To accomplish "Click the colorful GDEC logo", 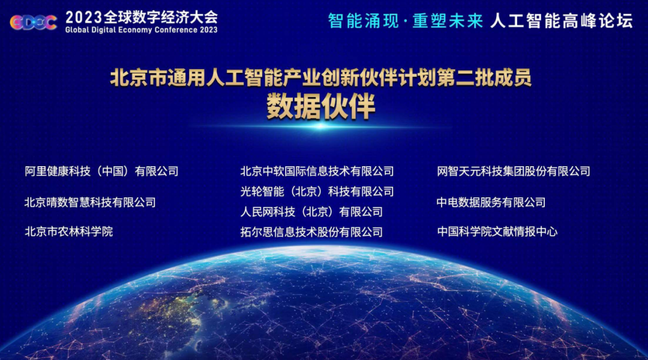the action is coord(34,22).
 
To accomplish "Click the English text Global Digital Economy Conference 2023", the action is coord(142,30).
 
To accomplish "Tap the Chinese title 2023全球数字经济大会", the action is coord(142,17).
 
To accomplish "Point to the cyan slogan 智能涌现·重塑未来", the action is coord(406,20).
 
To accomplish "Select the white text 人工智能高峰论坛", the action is coord(561,20).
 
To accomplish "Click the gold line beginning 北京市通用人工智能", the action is coord(320,78).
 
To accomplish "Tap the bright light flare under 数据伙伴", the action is coord(320,127).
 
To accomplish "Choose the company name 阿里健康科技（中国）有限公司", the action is coord(101,171).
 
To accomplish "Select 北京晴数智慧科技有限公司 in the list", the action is coord(90,202).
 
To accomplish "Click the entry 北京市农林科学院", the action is coord(68,232).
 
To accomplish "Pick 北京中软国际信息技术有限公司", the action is coord(317,171).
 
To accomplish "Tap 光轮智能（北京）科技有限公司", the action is coord(317,191).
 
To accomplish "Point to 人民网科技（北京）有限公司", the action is coord(311,212).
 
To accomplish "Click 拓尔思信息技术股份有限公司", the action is coord(311,232).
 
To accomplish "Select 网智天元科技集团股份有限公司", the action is coord(514,171).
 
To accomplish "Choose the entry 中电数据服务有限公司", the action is coord(491,202).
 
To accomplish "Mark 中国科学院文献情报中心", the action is coord(497,232).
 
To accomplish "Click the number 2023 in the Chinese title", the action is coord(84,17).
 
